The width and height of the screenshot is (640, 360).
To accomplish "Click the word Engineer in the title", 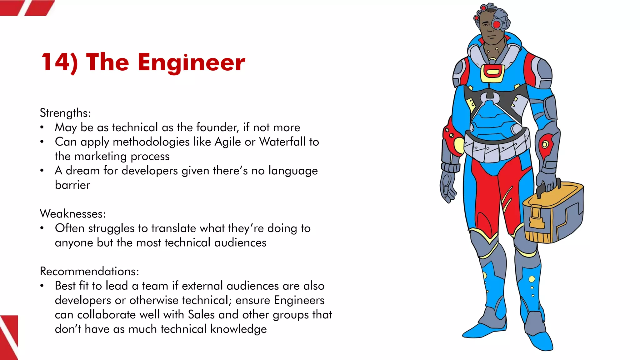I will (x=191, y=62).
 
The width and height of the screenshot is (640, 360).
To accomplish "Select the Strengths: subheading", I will (x=65, y=113).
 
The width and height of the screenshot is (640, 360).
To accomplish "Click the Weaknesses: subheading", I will (x=73, y=214).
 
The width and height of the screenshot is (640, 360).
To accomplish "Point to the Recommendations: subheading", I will (x=89, y=271).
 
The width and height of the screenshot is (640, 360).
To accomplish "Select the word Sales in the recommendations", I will (x=202, y=315).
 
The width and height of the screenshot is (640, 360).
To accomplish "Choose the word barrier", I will (x=72, y=185).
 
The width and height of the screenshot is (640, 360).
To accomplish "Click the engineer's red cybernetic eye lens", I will (x=496, y=24).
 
